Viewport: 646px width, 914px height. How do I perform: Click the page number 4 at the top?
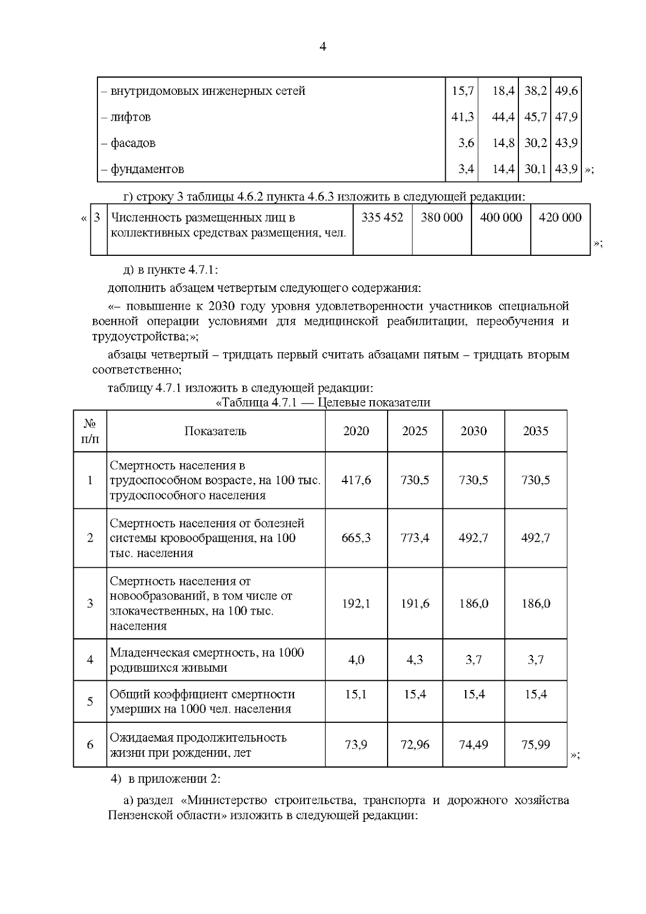(322, 47)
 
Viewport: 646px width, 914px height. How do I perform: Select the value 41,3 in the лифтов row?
(462, 117)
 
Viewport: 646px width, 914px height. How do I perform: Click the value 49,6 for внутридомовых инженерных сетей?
(566, 91)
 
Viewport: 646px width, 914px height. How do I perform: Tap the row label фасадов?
(132, 143)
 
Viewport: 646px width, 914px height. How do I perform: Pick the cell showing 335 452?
(382, 218)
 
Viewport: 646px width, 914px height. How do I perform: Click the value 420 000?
(560, 218)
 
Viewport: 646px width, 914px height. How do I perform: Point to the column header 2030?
(473, 431)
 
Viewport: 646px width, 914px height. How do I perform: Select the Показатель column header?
(215, 431)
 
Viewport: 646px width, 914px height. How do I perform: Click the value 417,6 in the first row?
(356, 480)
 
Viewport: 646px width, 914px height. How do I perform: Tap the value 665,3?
(356, 538)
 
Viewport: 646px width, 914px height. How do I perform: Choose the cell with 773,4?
(415, 538)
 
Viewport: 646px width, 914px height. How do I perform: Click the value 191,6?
(415, 603)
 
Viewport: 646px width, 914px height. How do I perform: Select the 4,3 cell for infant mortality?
(415, 660)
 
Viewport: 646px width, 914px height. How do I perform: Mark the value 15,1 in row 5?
(356, 695)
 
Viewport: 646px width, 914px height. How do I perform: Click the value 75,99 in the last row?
(536, 744)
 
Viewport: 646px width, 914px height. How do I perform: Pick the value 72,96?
(415, 744)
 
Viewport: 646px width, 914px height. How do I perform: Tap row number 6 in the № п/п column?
(90, 744)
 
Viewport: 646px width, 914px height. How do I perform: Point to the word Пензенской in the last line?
(136, 815)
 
